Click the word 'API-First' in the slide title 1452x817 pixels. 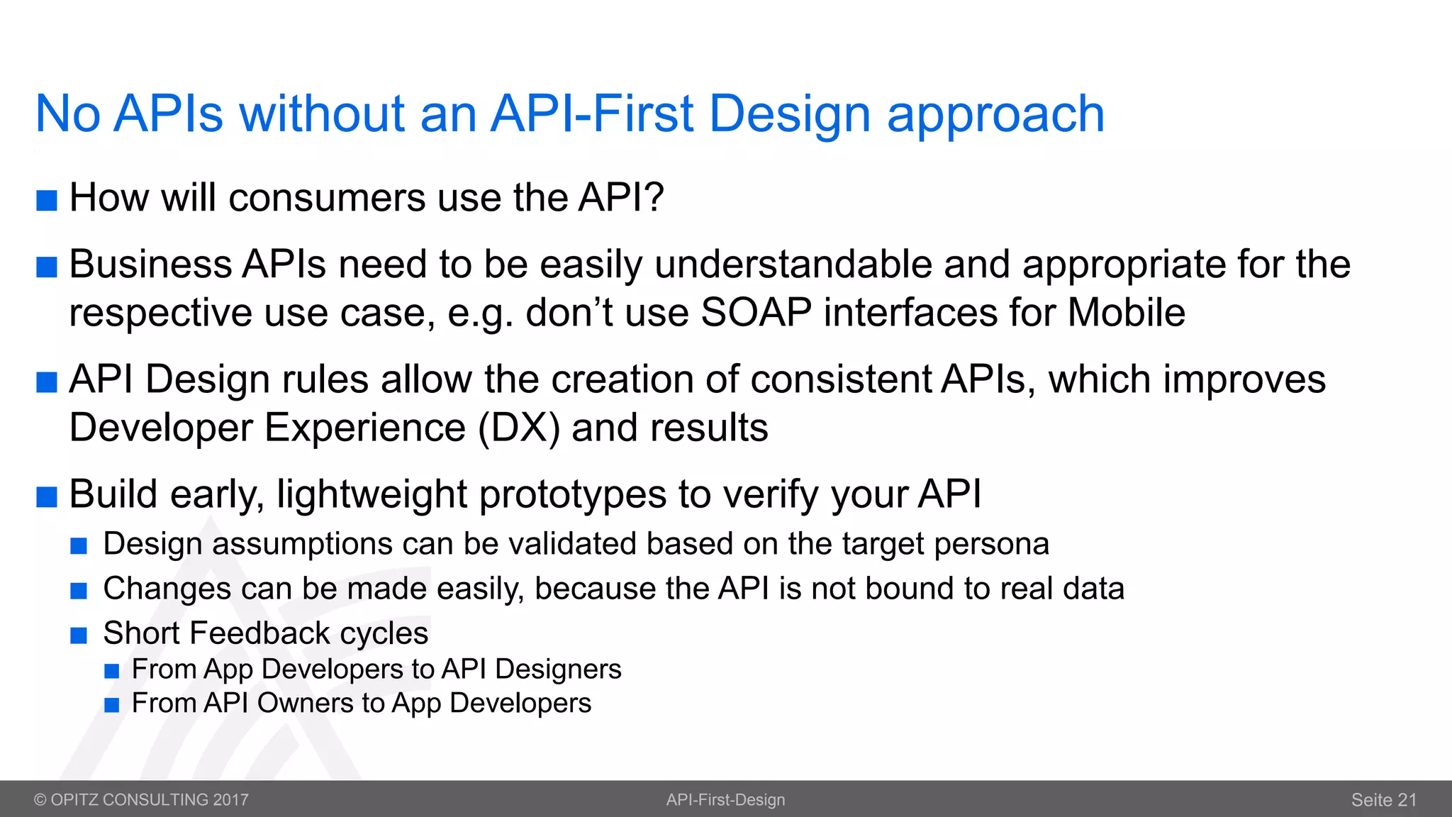591,113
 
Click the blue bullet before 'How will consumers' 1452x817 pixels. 47,201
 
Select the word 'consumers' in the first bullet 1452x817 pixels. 327,198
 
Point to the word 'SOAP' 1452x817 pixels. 756,313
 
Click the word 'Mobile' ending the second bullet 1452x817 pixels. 1126,313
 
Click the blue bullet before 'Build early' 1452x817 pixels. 47,497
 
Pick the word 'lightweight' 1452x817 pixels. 372,494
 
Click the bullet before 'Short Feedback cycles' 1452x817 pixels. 79,635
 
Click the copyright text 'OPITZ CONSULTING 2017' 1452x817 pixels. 149,800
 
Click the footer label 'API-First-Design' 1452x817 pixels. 725,800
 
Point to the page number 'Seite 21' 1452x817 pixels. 1383,800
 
